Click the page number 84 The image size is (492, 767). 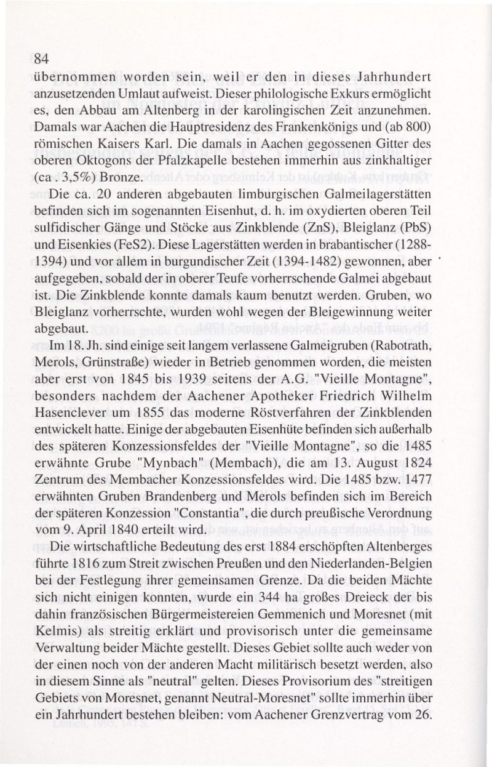[42, 60]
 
